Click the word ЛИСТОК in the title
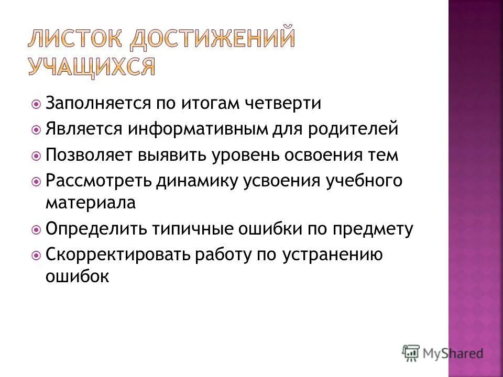[x=74, y=40]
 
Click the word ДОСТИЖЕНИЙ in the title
[x=212, y=40]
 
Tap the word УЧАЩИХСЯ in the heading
[x=91, y=67]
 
